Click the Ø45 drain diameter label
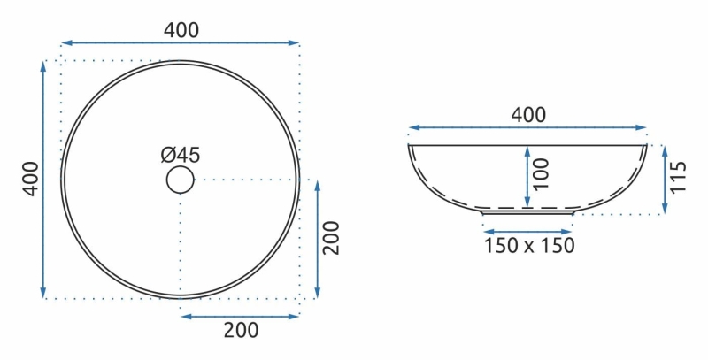click(x=181, y=155)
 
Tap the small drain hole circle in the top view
click(x=180, y=180)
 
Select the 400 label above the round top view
click(x=181, y=28)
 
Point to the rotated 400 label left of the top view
click(x=29, y=180)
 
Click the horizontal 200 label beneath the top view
click(x=240, y=331)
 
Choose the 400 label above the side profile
click(x=528, y=114)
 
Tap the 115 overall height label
click(x=679, y=178)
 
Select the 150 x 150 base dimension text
click(x=528, y=245)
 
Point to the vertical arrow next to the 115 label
click(x=664, y=180)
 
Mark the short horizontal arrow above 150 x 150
click(x=528, y=226)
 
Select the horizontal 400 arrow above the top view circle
click(x=181, y=42)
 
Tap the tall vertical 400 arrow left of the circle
click(x=44, y=180)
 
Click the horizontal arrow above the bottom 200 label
click(x=240, y=316)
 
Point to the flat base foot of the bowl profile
click(x=528, y=212)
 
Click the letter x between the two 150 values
click(x=529, y=246)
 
